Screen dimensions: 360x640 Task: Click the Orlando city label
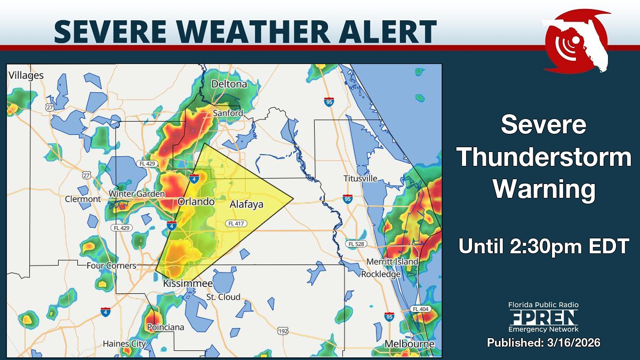(x=196, y=202)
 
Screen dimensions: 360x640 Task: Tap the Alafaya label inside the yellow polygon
(x=246, y=204)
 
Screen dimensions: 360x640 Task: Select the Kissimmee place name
(x=188, y=283)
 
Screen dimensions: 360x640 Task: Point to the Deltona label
(x=229, y=84)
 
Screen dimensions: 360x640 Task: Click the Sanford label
(x=228, y=113)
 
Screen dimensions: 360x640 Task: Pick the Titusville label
(x=361, y=178)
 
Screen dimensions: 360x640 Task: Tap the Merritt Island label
(x=392, y=262)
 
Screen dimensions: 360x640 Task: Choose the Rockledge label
(x=381, y=274)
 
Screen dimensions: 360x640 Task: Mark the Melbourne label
(x=410, y=344)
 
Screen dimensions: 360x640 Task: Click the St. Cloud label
(x=223, y=297)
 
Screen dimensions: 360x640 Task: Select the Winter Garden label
(x=137, y=194)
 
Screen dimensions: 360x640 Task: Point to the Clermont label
(x=83, y=199)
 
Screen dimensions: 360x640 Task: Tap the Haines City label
(x=124, y=343)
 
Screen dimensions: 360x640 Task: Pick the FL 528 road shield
(x=356, y=244)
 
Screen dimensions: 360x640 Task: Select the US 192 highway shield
(x=283, y=332)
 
